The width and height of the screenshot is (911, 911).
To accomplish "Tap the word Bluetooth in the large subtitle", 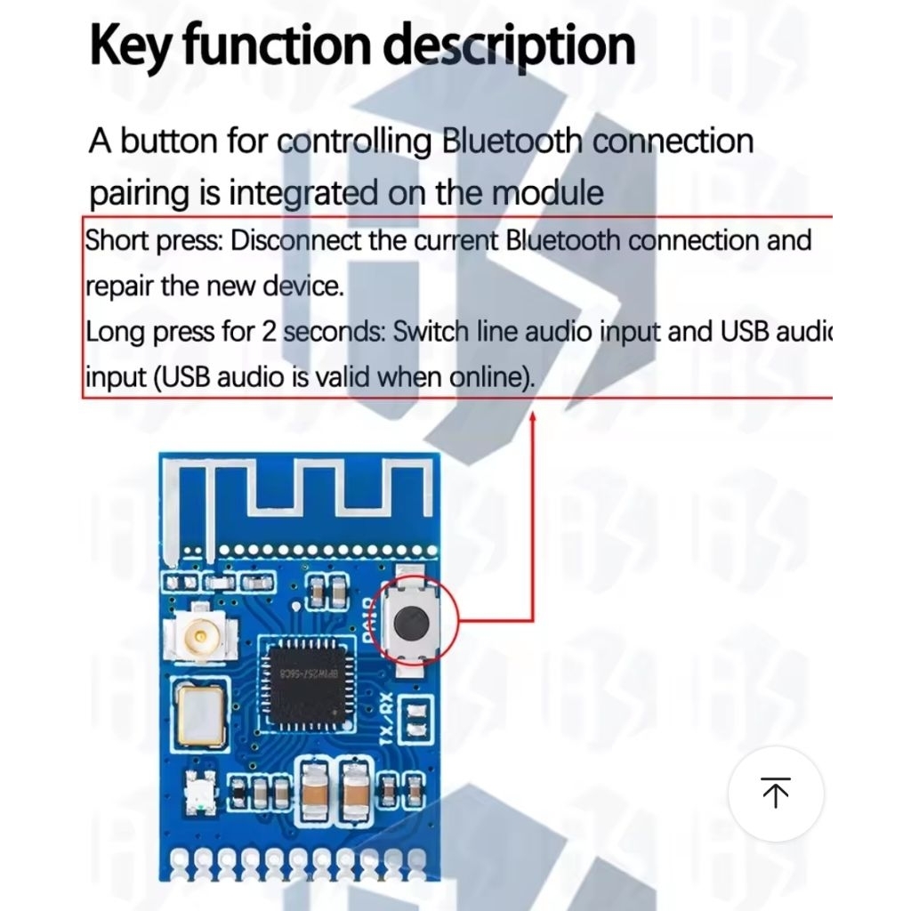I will [x=512, y=141].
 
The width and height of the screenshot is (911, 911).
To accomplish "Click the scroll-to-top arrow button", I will [x=776, y=793].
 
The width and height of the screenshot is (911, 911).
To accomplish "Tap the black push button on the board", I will [x=410, y=622].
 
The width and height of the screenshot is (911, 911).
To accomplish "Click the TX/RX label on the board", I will [x=387, y=719].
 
